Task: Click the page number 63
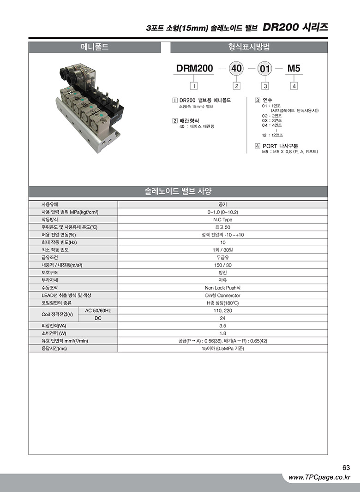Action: (346, 468)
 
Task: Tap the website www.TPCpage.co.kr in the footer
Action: (319, 478)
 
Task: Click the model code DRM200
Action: (194, 69)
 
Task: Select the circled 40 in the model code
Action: (236, 69)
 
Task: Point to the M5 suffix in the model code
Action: (294, 69)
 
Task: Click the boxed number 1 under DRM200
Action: (194, 85)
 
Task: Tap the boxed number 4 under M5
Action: (294, 85)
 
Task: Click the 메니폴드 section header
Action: (95, 47)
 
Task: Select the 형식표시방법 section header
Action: (249, 47)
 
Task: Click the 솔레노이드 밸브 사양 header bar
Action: (178, 191)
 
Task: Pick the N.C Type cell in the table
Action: (222, 219)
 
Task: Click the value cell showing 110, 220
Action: (222, 310)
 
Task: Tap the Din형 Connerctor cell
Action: (222, 295)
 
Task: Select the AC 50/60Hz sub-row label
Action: (98, 310)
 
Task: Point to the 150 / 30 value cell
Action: (222, 265)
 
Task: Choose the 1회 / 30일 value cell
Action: (222, 250)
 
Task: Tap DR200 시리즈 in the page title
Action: (295, 27)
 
